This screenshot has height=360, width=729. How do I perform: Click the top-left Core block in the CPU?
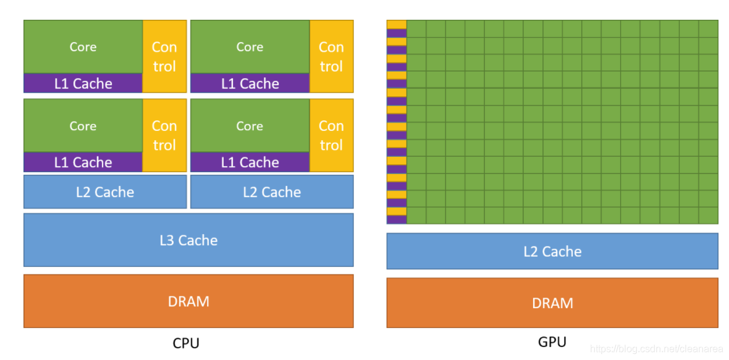pos(83,47)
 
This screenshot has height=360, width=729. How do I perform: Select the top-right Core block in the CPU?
pos(250,47)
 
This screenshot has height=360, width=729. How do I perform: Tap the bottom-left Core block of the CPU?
pos(83,126)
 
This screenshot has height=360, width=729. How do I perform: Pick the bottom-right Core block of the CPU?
pos(250,126)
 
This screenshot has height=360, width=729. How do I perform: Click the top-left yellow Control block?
pos(164,56)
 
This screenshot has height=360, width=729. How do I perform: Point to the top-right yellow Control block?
pos(331,56)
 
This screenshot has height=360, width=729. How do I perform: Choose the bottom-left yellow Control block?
pos(164,135)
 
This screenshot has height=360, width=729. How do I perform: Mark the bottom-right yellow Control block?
pos(331,135)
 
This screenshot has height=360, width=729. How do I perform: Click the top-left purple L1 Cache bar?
pos(83,83)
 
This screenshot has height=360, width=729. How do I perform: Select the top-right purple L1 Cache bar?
pos(250,83)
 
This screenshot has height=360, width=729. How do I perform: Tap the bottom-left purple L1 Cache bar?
pos(83,162)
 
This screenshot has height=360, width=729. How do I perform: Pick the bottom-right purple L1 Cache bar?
pos(250,162)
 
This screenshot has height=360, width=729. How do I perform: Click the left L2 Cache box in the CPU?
pos(105,192)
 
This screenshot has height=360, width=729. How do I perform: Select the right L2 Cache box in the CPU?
pos(272,192)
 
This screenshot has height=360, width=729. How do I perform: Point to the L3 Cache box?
pos(188,240)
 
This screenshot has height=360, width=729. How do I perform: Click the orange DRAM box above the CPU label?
pos(188,301)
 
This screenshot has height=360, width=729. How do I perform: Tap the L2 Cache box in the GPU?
pos(552,251)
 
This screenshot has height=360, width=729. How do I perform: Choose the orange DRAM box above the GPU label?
pos(552,303)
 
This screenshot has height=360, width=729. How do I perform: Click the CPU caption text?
pos(186,343)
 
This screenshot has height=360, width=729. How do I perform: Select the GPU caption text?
pos(552,341)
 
